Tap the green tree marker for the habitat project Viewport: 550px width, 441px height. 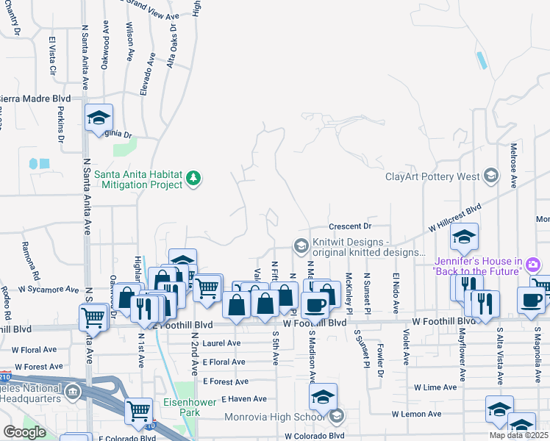pos(194,178)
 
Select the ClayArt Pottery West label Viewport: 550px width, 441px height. pos(432,176)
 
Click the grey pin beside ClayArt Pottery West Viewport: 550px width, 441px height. pos(490,176)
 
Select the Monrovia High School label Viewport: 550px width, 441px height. pos(283,417)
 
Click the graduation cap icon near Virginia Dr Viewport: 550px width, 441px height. pos(99,118)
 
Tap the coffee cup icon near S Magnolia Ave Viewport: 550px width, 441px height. pos(532,300)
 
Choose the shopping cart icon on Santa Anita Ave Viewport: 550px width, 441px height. pos(93,318)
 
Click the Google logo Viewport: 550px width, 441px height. pos(24,432)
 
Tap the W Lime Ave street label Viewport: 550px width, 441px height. pos(435,387)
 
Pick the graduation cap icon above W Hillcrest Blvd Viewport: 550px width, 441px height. pos(465,237)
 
